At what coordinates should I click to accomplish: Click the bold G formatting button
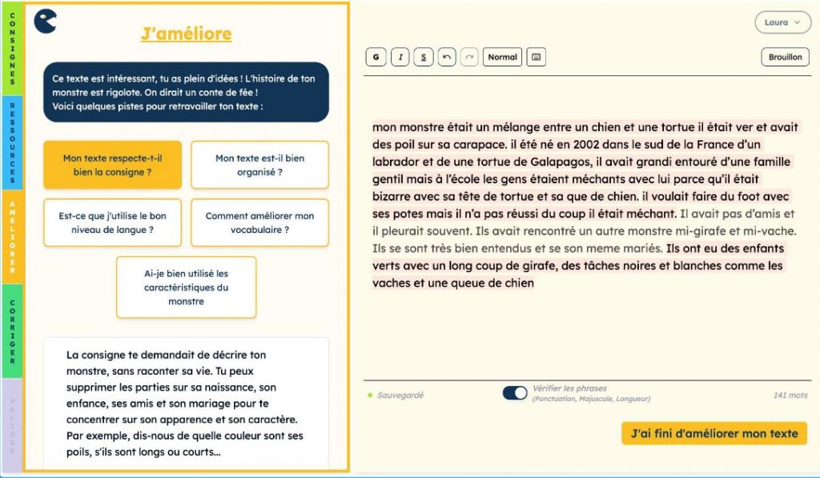375,57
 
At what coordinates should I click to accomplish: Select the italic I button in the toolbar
400,57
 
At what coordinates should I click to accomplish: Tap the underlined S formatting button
424,57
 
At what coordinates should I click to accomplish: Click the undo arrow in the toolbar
447,57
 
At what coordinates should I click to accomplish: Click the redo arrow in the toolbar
469,57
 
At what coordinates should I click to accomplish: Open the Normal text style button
502,57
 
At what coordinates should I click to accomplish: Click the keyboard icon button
536,57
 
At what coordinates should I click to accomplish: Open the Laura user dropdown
782,22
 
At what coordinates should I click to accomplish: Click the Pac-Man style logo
46,21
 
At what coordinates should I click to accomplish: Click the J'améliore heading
186,34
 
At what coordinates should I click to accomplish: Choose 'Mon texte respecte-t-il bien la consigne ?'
113,165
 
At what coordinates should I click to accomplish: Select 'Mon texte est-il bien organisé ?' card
259,165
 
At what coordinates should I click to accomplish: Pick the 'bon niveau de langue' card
113,223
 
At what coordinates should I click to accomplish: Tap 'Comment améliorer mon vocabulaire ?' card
259,223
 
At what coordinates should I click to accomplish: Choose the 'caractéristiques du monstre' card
186,287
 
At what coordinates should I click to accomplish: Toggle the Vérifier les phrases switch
514,393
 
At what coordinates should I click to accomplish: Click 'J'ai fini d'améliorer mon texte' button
714,433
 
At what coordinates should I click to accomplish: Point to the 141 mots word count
790,396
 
